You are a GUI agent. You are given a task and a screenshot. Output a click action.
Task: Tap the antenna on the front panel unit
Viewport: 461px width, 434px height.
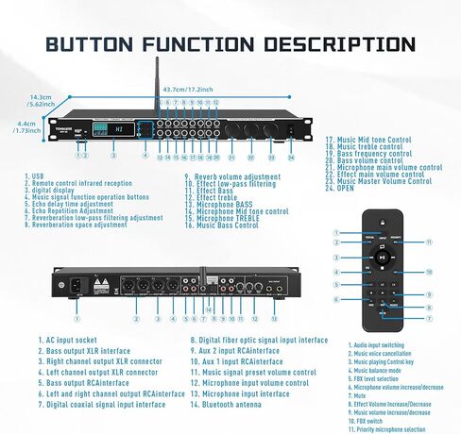click(156, 87)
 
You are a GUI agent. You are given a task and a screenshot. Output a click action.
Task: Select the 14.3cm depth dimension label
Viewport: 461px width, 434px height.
click(41, 97)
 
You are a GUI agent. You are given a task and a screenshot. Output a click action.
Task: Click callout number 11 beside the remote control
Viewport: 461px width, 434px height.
click(428, 242)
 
